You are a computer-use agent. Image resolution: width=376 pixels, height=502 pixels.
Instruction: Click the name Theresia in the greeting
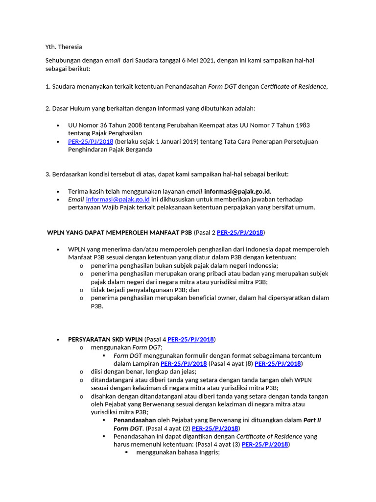click(x=70, y=47)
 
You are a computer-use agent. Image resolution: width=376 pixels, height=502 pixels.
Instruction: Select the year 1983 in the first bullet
click(x=300, y=125)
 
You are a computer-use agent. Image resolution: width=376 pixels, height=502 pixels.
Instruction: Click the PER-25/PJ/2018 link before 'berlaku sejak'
click(x=91, y=142)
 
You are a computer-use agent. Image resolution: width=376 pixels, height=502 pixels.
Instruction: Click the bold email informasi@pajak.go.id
click(x=237, y=191)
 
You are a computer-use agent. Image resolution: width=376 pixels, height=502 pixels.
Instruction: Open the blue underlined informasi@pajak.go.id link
click(x=117, y=200)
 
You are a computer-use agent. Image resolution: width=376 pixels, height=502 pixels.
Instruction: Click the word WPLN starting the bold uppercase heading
click(x=55, y=232)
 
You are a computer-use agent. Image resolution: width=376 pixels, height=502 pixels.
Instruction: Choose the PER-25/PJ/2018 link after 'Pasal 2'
click(x=240, y=232)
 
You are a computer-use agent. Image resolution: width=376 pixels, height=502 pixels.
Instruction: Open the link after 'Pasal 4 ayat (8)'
click(x=278, y=364)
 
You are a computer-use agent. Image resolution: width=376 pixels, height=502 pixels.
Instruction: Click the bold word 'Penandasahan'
click(x=135, y=420)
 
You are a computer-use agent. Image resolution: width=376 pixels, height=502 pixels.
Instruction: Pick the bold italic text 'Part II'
click(x=312, y=420)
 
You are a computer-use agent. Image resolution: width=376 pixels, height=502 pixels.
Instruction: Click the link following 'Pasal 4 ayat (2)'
click(x=215, y=428)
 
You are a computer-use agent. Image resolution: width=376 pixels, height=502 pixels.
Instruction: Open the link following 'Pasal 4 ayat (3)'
click(x=265, y=445)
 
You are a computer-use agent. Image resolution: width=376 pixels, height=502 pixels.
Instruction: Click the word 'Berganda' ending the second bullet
click(x=137, y=150)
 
